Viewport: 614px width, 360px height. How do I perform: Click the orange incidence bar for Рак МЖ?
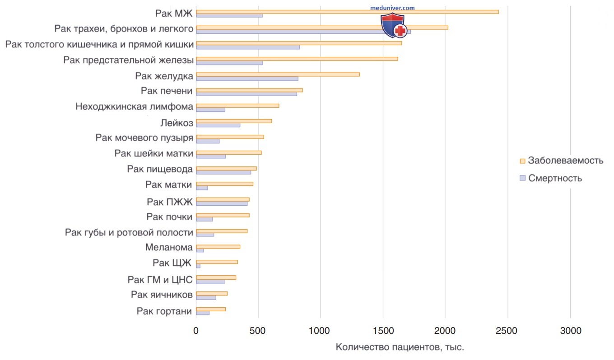click(x=347, y=12)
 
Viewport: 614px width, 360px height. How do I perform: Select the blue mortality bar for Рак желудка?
click(x=247, y=79)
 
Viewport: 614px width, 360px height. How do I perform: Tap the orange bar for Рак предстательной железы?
click(x=297, y=59)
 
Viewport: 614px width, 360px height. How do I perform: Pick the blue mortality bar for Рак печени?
click(x=247, y=94)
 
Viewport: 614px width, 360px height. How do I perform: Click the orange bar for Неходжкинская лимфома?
click(x=237, y=106)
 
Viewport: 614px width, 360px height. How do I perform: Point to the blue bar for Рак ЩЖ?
click(x=198, y=266)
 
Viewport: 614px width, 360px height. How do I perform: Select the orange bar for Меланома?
click(x=218, y=247)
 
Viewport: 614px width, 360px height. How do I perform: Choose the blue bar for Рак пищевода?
click(x=223, y=172)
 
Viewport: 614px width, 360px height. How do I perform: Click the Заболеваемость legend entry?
click(x=562, y=161)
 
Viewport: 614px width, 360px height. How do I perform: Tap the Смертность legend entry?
click(x=551, y=178)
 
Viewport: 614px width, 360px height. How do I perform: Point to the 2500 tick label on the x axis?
click(x=507, y=331)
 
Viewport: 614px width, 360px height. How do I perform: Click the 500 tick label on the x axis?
click(x=257, y=331)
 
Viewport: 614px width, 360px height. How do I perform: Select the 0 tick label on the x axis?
click(x=196, y=331)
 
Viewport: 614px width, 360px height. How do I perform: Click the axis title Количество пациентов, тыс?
click(x=400, y=347)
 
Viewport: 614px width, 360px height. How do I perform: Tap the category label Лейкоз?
click(x=177, y=123)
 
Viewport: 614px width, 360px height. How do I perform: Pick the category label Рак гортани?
click(x=164, y=311)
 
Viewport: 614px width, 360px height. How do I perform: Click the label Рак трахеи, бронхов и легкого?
click(x=124, y=29)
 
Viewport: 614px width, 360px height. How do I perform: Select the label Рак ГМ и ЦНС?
click(x=160, y=280)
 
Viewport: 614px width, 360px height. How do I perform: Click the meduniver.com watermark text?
click(x=392, y=8)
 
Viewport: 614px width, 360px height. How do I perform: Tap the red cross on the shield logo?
click(x=400, y=30)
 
